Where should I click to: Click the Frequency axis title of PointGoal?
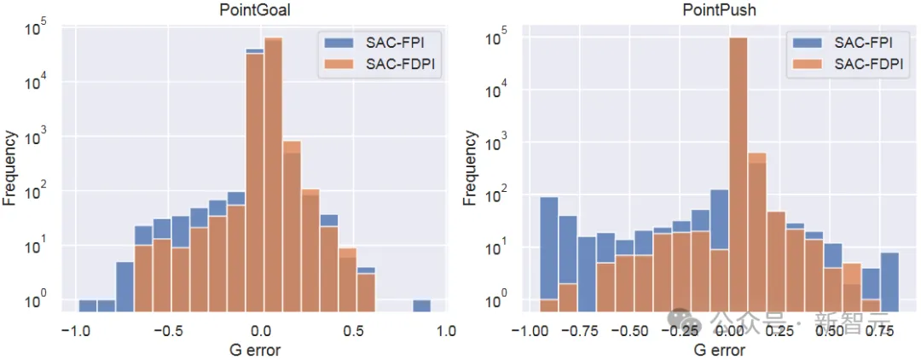(11, 167)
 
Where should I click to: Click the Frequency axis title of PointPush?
(470, 167)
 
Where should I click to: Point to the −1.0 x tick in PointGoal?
(76, 332)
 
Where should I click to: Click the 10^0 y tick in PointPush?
(499, 304)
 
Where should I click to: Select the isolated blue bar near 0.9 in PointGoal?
(421, 305)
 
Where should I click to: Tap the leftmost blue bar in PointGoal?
(88, 305)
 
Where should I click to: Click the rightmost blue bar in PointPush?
(889, 282)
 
